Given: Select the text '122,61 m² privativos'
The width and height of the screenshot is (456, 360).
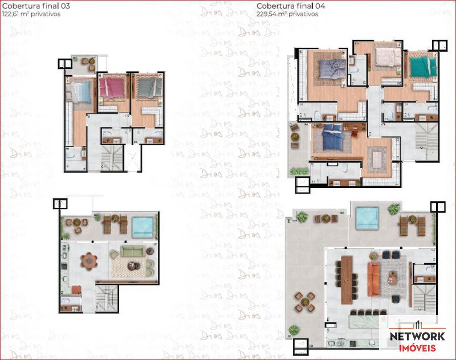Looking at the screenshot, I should (x=31, y=15).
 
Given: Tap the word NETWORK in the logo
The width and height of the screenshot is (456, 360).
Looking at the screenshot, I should (x=417, y=336).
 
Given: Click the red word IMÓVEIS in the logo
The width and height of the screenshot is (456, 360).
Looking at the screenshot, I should (x=417, y=348).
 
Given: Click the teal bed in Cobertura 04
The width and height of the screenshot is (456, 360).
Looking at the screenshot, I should (x=422, y=66).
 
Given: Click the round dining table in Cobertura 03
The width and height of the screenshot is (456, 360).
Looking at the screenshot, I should (x=89, y=261).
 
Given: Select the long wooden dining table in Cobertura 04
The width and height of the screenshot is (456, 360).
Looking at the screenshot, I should (x=347, y=279).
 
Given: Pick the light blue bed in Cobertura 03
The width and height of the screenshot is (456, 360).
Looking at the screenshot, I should (x=80, y=91).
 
